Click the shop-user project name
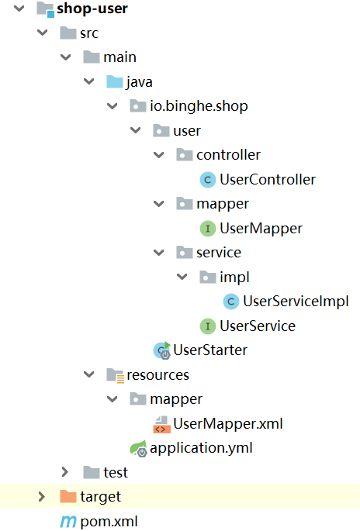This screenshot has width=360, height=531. pos(92,9)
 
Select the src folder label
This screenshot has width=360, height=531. pos(89,33)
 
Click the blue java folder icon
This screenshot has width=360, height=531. pos(115,81)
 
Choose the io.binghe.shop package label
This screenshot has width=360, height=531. pos(199,106)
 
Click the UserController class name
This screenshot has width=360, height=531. pos(268,180)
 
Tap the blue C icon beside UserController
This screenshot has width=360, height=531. pos(208,180)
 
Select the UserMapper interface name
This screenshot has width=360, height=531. pos(261,228)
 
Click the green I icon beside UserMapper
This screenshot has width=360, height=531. pos(208,229)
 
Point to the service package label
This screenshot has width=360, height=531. pos(219,253)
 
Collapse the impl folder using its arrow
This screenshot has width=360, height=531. pos(182,277)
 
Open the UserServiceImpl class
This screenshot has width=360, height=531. pos(296,302)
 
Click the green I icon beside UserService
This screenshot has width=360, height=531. pos(208,326)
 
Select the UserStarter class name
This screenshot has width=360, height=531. pos(210,350)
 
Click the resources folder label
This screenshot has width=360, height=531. pos(158,375)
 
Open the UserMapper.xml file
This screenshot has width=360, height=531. pos(228,424)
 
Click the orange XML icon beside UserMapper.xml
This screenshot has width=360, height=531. pos(161,425)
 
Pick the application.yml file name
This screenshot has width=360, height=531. pos(201,448)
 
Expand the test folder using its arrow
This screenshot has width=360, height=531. pos(65,472)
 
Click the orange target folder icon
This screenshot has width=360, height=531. pos(67,496)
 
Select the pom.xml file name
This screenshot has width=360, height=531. pos(109,522)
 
